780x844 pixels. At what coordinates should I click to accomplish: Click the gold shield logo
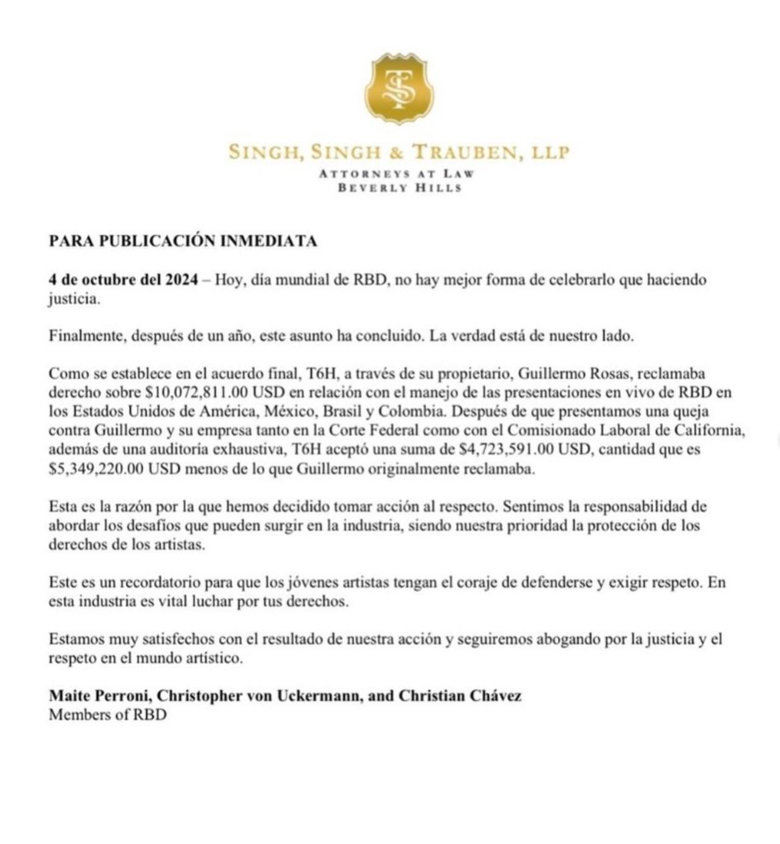[399, 88]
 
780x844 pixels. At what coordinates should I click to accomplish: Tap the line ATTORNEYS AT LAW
[397, 174]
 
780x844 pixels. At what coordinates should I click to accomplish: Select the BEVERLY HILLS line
[400, 188]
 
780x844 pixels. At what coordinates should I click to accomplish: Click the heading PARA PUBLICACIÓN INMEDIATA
[183, 241]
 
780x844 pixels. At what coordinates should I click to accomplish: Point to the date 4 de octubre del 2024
[123, 280]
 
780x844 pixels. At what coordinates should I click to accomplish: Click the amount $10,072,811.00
[196, 393]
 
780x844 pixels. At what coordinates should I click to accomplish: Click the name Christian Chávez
[460, 696]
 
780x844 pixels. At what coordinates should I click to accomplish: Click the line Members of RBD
[108, 715]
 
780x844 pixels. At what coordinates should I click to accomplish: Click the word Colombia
[414, 412]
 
